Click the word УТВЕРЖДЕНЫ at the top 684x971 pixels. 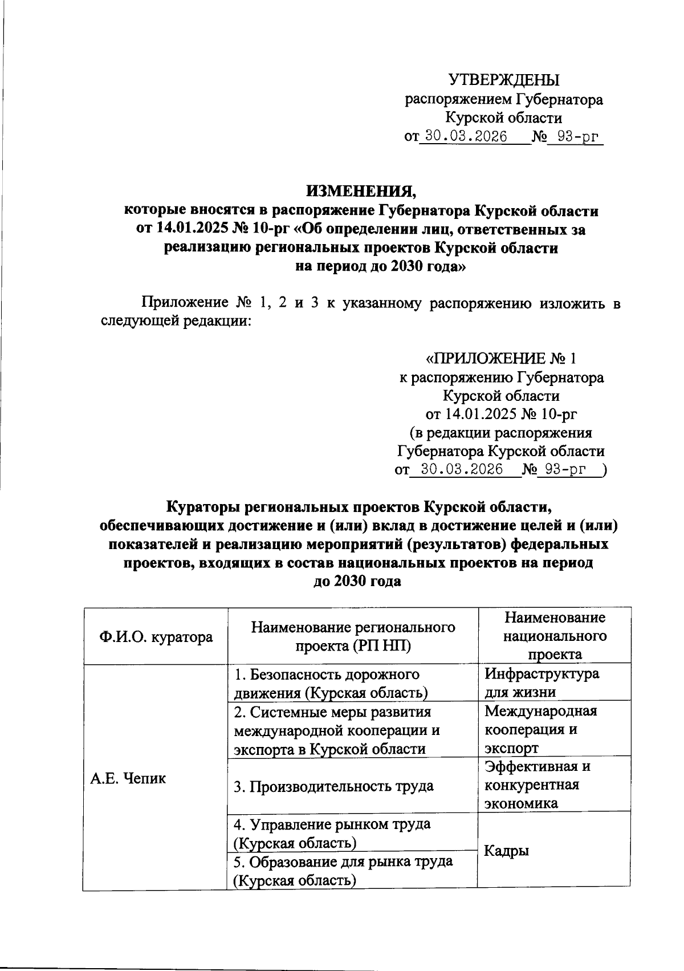pos(504,80)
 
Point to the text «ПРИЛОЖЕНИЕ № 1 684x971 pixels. pos(502,358)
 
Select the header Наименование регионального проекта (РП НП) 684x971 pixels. pos(353,636)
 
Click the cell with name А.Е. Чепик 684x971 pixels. pos(128,778)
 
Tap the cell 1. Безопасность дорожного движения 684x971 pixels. pos(331,683)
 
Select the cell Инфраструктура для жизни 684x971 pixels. pos(541,682)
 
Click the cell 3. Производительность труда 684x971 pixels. pos(333,786)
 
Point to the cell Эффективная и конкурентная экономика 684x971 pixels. pos(536,785)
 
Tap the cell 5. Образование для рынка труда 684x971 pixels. pos(343,870)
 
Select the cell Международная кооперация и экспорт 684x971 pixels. pos(540,729)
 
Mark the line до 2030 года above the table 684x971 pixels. pos(357,582)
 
